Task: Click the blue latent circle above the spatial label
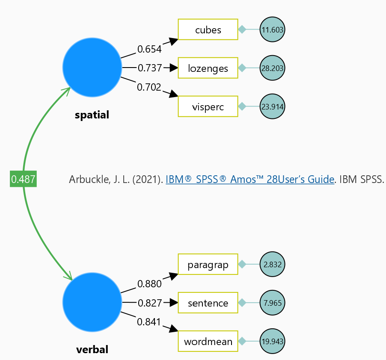coord(92,67)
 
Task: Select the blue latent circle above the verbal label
coord(92,302)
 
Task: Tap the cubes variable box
coord(208,30)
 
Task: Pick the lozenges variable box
coord(208,68)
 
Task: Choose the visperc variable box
coord(208,106)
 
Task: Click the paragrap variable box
coord(208,265)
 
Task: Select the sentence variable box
coord(208,303)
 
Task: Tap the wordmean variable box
coord(208,342)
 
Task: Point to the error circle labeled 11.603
coord(272,30)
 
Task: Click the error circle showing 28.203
coord(272,68)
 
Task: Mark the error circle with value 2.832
coord(272,265)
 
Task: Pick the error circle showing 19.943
coord(272,342)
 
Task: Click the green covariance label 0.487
coord(23,179)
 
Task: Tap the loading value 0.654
coord(149,49)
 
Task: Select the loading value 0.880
coord(149,284)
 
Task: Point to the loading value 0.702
coord(149,87)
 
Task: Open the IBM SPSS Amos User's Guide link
coord(249,180)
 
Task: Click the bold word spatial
coord(92,115)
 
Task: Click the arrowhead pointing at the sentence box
coord(173,303)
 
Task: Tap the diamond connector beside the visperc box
coord(242,106)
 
